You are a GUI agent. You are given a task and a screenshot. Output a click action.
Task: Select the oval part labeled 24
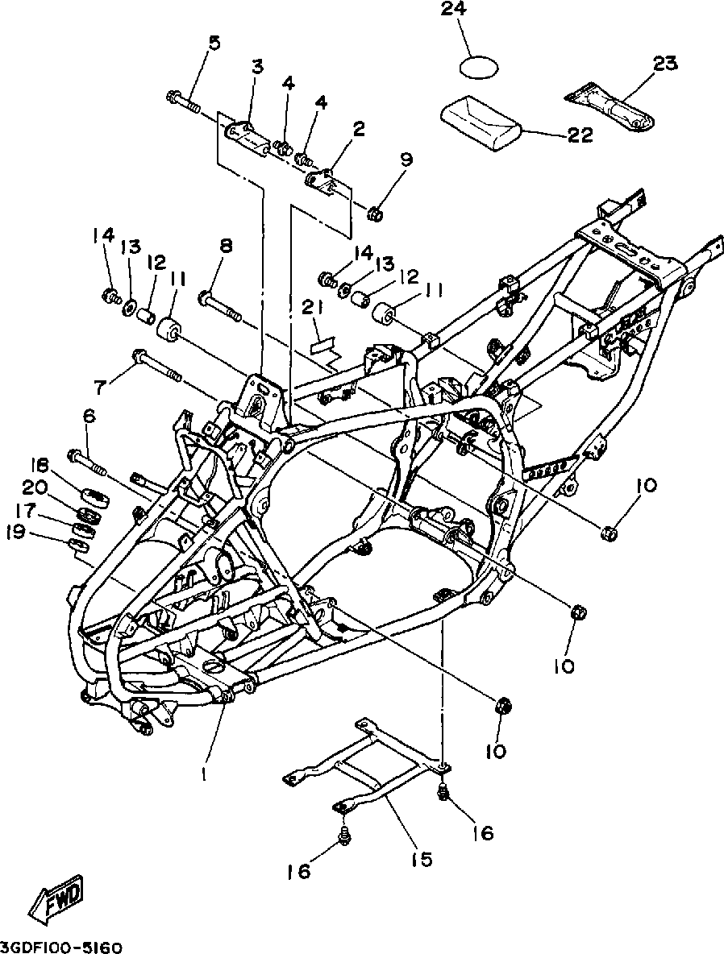(x=479, y=66)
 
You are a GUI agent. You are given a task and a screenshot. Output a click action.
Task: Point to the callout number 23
(x=665, y=64)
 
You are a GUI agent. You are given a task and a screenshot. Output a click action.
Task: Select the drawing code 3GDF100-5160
(x=62, y=948)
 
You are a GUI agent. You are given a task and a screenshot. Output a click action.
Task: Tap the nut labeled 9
(x=375, y=214)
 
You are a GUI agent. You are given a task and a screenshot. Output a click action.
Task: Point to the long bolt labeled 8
(x=220, y=306)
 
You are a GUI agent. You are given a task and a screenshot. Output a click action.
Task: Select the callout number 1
(x=206, y=775)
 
